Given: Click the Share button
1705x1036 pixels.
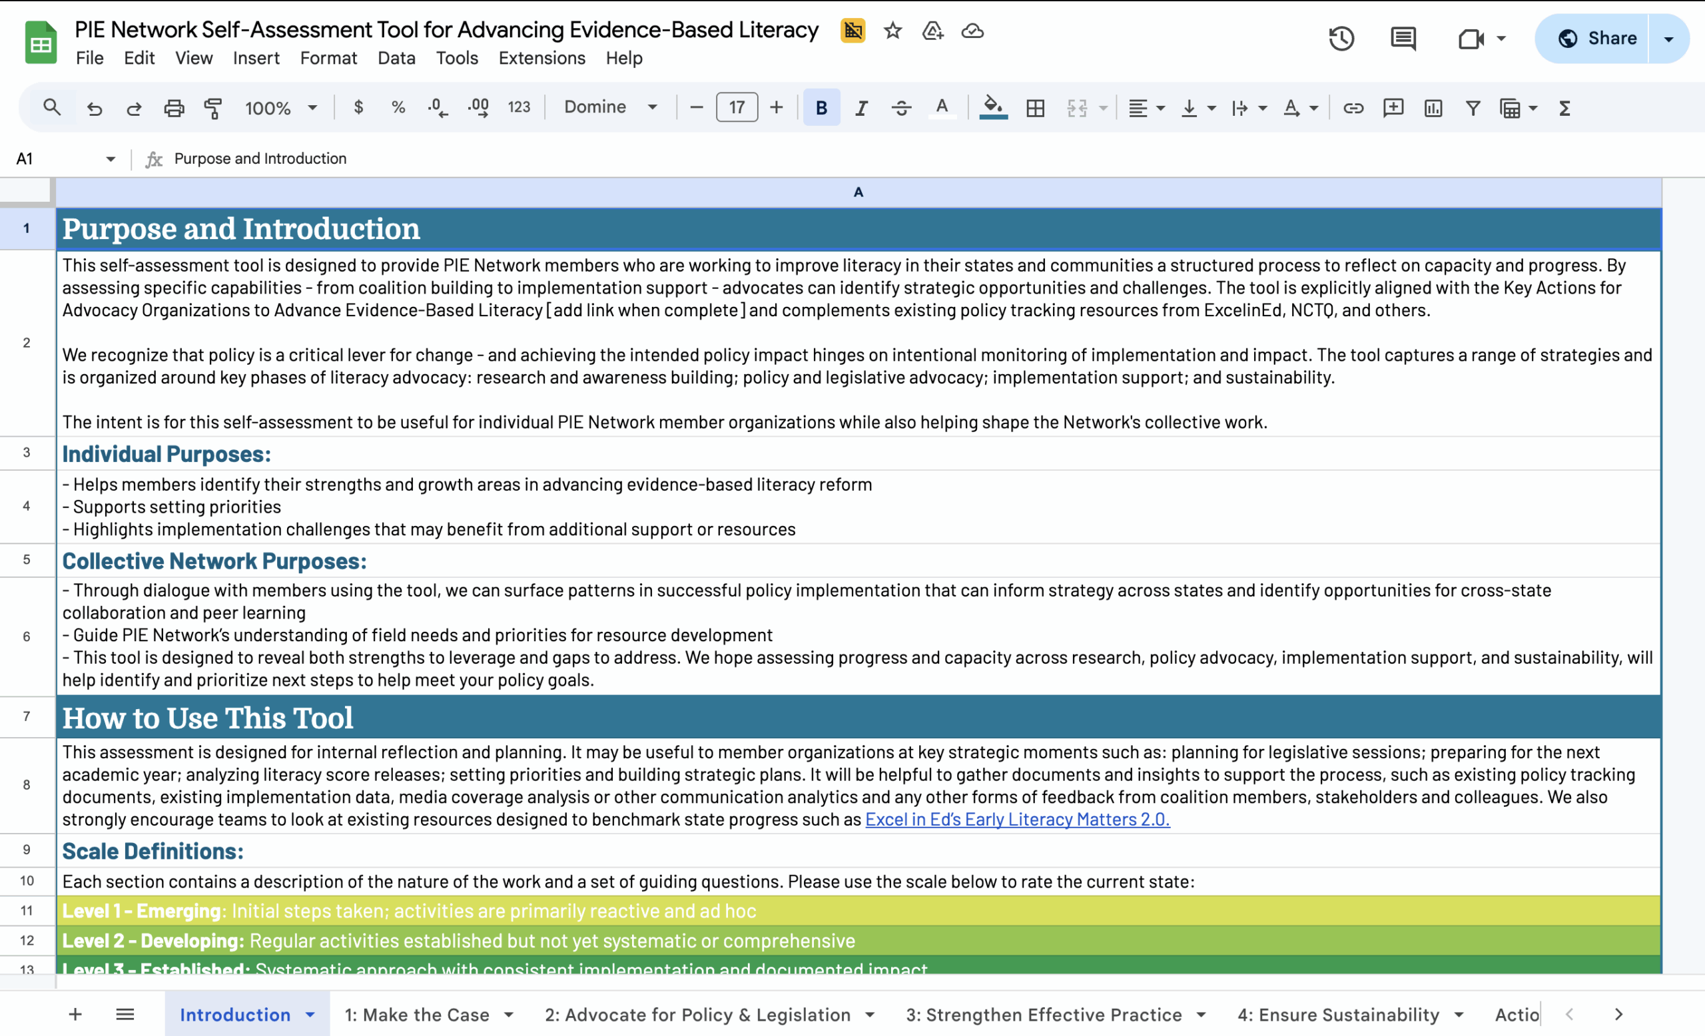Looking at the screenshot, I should point(1596,38).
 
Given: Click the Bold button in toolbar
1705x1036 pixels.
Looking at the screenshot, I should point(821,108).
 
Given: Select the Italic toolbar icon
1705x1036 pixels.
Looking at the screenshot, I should point(860,108).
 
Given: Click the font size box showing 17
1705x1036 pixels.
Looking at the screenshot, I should point(736,108).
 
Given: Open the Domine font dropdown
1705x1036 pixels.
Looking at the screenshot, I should point(609,107).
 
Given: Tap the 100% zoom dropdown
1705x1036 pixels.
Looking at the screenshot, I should point(280,108).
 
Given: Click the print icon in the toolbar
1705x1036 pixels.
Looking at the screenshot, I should point(174,108).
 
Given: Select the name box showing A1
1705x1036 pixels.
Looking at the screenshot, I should point(55,159).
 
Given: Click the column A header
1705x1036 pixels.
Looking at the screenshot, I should point(858,192).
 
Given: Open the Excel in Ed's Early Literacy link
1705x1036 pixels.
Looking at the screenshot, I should point(1016,820).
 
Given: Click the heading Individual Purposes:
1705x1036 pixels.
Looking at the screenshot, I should point(167,454).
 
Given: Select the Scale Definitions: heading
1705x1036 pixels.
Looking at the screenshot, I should point(153,852).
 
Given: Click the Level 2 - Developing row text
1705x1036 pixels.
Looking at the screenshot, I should point(458,941).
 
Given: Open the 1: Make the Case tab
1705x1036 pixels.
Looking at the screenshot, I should point(416,1015).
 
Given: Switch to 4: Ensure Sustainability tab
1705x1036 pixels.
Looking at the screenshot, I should point(1337,1015).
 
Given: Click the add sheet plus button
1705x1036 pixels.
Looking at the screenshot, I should point(75,1015).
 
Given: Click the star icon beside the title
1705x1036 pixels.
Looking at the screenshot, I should point(892,31).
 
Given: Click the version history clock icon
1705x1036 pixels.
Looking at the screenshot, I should point(1341,39).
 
